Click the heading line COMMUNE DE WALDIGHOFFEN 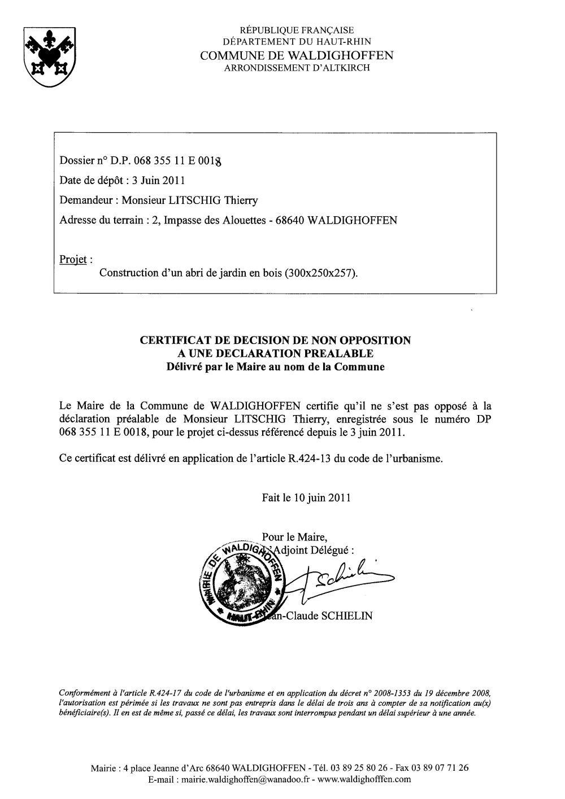297,55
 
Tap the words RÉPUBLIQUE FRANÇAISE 297,30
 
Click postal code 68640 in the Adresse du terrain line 289,220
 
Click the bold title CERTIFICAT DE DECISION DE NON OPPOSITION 275,340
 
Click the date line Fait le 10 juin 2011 306,498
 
